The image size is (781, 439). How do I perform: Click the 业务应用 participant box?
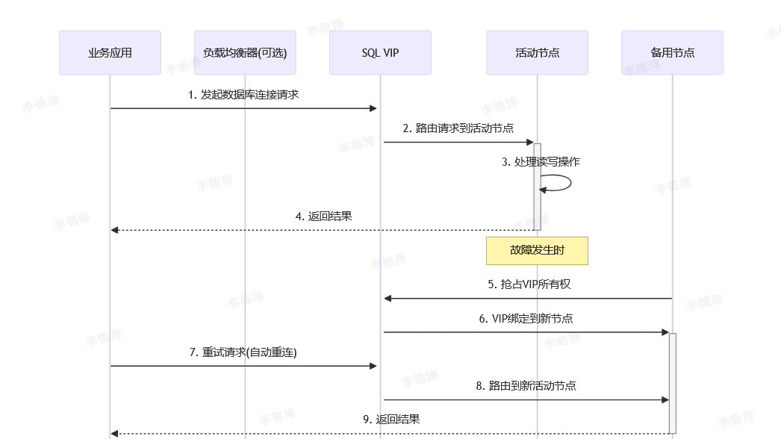(x=110, y=53)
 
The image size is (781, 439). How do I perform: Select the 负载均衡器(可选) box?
(x=245, y=53)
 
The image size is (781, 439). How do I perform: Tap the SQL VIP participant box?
(x=380, y=53)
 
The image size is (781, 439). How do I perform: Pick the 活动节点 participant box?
(x=537, y=53)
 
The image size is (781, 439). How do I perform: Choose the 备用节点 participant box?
(x=672, y=53)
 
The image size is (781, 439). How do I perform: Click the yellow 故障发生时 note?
(x=537, y=251)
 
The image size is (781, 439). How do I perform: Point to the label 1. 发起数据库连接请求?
(x=244, y=95)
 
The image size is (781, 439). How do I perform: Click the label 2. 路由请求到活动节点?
(x=458, y=128)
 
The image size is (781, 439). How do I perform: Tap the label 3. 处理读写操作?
(x=541, y=161)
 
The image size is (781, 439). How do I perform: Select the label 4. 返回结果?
(x=324, y=217)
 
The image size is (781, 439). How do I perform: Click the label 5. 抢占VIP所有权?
(x=529, y=284)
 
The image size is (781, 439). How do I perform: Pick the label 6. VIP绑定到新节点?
(x=526, y=318)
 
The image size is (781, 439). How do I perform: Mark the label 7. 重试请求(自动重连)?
(x=243, y=352)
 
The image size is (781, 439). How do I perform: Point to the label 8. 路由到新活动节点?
(x=526, y=386)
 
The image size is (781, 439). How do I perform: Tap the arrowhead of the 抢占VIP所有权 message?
(x=388, y=299)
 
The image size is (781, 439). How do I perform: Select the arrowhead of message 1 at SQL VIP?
(x=373, y=108)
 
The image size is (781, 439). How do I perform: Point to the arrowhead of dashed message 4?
(x=115, y=230)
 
